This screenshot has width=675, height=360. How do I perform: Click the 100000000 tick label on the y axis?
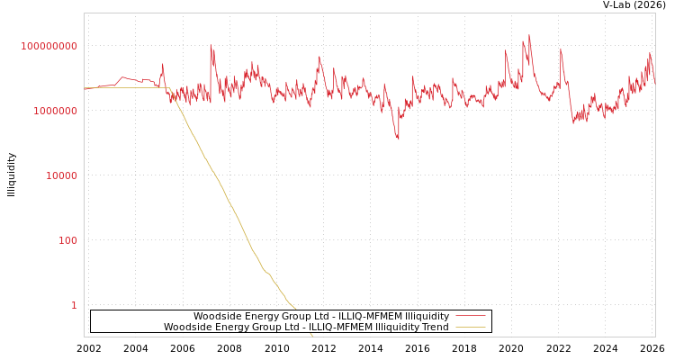pos(49,46)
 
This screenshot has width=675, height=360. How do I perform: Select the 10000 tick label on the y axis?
pos(61,175)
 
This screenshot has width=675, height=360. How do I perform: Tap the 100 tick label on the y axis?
pos(67,240)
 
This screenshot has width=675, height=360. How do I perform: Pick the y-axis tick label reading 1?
pos(74,305)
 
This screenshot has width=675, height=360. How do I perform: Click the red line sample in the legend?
pos(470,316)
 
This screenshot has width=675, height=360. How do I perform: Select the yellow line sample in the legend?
pos(470,327)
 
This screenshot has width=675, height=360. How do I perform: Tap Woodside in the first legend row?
pos(217,316)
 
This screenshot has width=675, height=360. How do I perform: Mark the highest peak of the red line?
pos(529,35)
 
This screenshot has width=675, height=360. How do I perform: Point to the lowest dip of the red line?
pos(398,139)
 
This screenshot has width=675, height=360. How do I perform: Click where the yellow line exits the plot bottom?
pos(313,336)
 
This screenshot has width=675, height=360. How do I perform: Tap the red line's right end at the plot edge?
pos(654,84)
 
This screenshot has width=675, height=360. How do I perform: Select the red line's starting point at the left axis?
pos(85,88)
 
